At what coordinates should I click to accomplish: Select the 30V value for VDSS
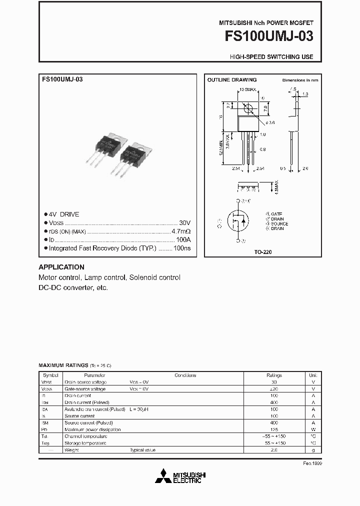point(184,223)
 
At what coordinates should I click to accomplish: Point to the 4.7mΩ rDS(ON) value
point(181,231)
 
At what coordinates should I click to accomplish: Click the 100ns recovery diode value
point(182,248)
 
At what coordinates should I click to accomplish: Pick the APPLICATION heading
point(61,267)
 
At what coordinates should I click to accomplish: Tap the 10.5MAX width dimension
point(247,89)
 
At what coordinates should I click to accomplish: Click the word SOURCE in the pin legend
point(278,224)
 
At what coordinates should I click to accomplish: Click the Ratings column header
point(274,375)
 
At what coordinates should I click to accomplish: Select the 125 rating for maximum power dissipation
point(274,429)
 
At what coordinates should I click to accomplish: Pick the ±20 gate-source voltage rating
point(274,388)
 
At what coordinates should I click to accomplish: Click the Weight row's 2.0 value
point(274,450)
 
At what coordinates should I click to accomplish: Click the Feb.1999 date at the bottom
point(312,463)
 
